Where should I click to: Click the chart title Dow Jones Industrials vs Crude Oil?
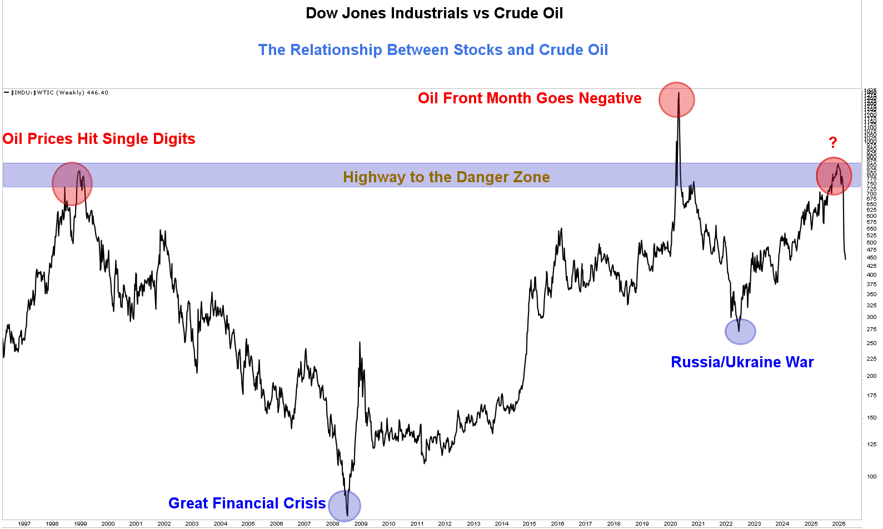pyautogui.click(x=434, y=13)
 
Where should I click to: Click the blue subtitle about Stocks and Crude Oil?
pyautogui.click(x=433, y=50)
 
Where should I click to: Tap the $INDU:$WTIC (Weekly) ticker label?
pyautogui.click(x=59, y=93)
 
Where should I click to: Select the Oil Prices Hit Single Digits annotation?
pyautogui.click(x=99, y=139)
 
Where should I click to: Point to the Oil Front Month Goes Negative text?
pyautogui.click(x=530, y=98)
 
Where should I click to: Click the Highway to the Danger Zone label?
pyautogui.click(x=446, y=177)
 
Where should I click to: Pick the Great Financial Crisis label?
pyautogui.click(x=247, y=503)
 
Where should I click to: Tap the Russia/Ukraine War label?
pyautogui.click(x=742, y=362)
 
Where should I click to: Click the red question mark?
pyautogui.click(x=832, y=143)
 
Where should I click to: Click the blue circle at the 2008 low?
pyautogui.click(x=345, y=506)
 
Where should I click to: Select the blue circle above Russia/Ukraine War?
pyautogui.click(x=740, y=332)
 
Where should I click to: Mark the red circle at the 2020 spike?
pyautogui.click(x=676, y=100)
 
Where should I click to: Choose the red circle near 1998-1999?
pyautogui.click(x=72, y=183)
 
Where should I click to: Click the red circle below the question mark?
pyautogui.click(x=834, y=176)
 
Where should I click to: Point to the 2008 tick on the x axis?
pyautogui.click(x=332, y=523)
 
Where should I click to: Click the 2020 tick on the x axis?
pyautogui.click(x=670, y=523)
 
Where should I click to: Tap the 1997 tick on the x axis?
pyautogui.click(x=24, y=523)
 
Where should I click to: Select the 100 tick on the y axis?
pyautogui.click(x=871, y=477)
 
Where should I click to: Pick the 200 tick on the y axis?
pyautogui.click(x=871, y=376)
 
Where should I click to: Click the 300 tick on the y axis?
pyautogui.click(x=871, y=317)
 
